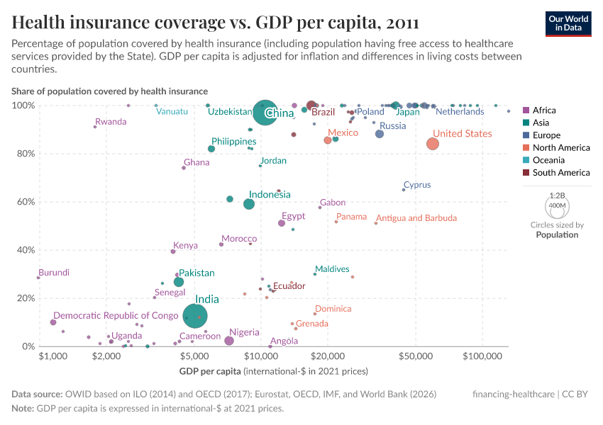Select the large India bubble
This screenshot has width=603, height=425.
click(195, 315)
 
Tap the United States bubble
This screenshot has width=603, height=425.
click(433, 144)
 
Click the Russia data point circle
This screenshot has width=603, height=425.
click(380, 134)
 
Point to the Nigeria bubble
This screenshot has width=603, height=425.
click(229, 341)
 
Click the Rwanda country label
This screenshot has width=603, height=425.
click(111, 122)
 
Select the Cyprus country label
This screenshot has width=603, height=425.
click(417, 185)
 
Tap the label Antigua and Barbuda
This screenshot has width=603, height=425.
click(416, 218)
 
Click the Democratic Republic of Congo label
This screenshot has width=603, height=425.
click(116, 315)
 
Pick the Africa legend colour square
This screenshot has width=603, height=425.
click(525, 110)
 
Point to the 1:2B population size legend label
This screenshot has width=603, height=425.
click(557, 195)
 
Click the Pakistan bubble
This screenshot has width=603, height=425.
click(179, 282)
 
